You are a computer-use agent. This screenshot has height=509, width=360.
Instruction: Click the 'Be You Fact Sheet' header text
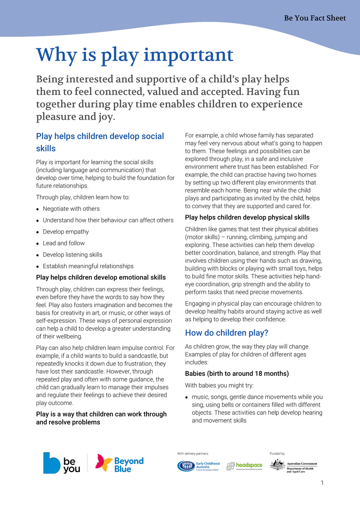315,18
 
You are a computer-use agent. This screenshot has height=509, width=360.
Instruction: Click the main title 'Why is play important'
135,55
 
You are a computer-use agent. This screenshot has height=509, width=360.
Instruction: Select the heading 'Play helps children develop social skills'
100,142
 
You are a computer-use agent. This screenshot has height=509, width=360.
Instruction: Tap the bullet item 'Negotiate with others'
71,209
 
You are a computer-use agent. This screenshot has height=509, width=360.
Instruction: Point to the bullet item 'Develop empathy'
66,232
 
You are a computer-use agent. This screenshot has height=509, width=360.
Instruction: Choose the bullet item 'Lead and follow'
64,243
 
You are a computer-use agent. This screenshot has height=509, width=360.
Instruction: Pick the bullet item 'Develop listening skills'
72,255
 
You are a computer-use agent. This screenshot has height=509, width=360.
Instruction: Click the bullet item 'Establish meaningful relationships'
88,266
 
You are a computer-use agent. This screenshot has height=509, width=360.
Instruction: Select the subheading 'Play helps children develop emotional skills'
101,277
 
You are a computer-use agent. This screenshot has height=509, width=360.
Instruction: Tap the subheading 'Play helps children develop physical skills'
247,218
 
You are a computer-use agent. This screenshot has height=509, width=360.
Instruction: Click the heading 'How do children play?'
227,333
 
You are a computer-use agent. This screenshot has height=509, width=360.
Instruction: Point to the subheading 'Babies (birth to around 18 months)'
237,374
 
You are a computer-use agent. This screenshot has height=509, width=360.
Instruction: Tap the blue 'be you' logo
62,463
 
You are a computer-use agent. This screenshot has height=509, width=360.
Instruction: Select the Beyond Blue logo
120,463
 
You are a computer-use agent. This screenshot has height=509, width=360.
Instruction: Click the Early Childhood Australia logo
198,466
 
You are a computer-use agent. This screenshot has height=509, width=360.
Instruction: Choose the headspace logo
245,466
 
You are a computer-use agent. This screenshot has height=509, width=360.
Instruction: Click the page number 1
322,483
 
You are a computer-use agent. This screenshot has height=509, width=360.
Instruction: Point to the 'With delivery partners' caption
193,453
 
